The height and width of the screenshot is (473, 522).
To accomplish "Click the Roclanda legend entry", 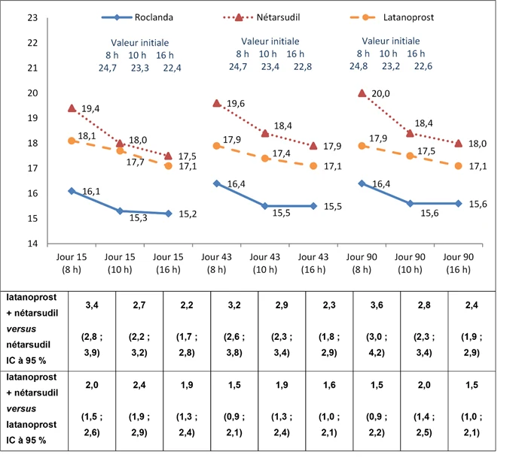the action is tap(137, 17).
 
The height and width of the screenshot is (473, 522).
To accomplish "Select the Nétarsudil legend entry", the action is tap(261, 17).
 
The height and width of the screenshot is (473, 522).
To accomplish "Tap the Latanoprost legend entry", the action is tap(392, 17).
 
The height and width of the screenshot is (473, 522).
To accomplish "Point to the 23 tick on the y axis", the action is tap(32, 17).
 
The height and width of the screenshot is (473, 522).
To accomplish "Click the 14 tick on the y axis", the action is tap(32, 244).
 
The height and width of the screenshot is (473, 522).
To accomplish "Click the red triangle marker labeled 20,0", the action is tap(362, 93).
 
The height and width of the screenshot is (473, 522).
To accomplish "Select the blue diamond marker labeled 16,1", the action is tap(72, 191).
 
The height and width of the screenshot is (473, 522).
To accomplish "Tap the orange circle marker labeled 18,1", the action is tap(72, 141).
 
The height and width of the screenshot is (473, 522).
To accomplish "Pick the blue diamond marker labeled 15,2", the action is tap(169, 214).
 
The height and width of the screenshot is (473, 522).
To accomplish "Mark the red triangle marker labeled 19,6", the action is tap(217, 103).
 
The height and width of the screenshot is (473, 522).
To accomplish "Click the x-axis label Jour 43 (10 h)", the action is tap(265, 263).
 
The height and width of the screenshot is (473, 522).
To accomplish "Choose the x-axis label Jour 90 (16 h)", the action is tap(459, 263).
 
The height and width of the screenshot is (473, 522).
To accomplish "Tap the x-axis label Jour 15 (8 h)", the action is tap(72, 263).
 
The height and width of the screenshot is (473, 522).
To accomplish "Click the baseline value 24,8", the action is tap(359, 66).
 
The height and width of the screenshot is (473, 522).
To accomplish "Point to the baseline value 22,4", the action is tap(172, 68).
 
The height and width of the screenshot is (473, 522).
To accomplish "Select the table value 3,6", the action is tap(377, 305).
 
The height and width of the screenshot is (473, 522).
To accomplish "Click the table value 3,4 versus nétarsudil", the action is tap(92, 305).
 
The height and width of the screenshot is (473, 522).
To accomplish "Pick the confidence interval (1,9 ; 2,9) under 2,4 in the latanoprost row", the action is tap(139, 424).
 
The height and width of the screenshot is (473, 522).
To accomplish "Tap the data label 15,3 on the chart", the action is tap(139, 218).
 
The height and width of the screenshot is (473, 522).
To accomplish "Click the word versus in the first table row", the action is tap(21, 329).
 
